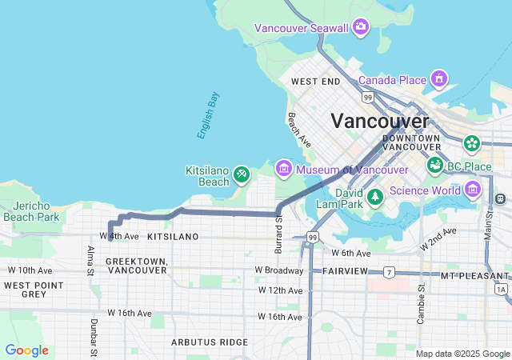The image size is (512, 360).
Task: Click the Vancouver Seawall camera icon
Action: pyautogui.click(x=361, y=28)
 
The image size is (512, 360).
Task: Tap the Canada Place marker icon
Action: pyautogui.click(x=438, y=79)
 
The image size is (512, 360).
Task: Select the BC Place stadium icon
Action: pyautogui.click(x=435, y=166)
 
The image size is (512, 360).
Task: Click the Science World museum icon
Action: pyautogui.click(x=473, y=190)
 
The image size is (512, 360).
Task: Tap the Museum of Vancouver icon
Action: pyautogui.click(x=283, y=169)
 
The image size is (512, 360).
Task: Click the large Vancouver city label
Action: pyautogui.click(x=380, y=121)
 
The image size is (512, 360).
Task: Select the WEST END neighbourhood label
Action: pyautogui.click(x=315, y=82)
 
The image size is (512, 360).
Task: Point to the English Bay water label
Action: pyautogui.click(x=209, y=116)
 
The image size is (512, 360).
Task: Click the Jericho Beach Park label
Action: pyautogui.click(x=31, y=211)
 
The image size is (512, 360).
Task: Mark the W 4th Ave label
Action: pyautogui.click(x=119, y=236)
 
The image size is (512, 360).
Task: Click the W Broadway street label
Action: pyautogui.click(x=279, y=270)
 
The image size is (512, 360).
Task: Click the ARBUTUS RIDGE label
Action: pyautogui.click(x=210, y=342)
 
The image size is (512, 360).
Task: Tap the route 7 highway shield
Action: pyautogui.click(x=389, y=272)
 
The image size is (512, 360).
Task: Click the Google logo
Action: pyautogui.click(x=26, y=350)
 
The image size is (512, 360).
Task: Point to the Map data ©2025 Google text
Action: pyautogui.click(x=462, y=354)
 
